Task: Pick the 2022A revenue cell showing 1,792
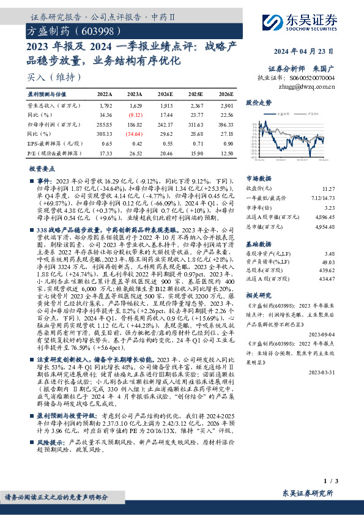point(105,105)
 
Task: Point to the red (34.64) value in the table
point(136,132)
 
